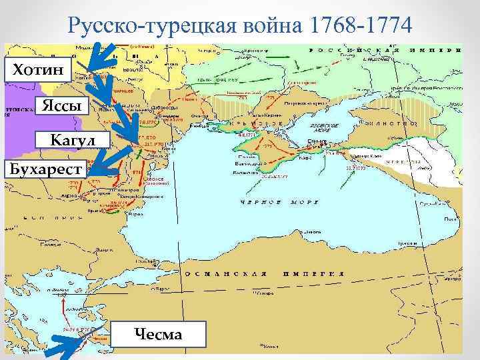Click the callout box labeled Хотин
point(37,69)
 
